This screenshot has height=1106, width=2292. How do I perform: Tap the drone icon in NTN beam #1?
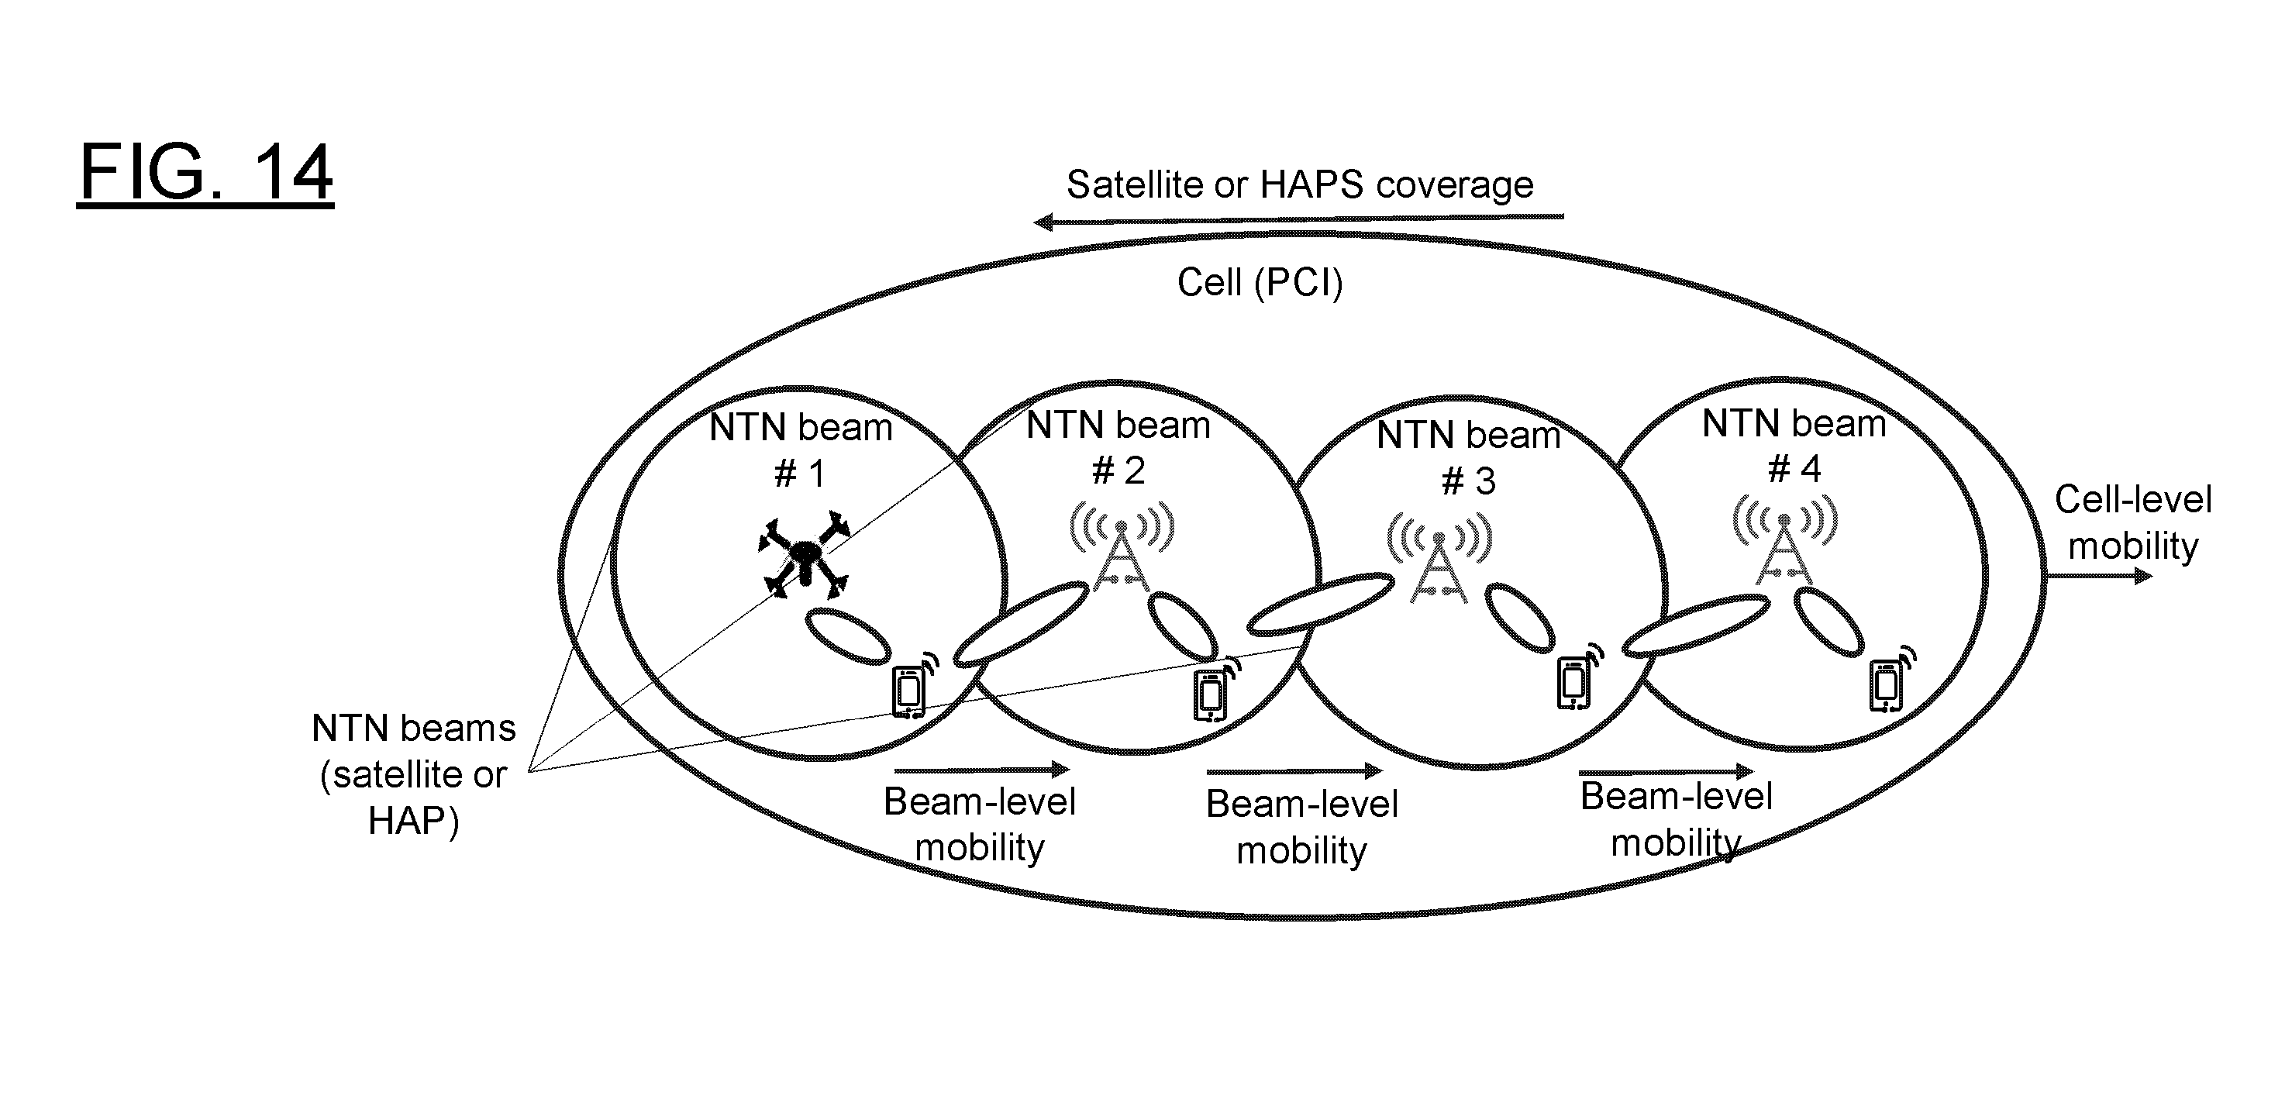pos(805,555)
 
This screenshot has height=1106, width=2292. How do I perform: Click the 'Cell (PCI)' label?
pos(1259,283)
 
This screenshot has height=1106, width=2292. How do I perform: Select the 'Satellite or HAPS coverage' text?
pos(1300,184)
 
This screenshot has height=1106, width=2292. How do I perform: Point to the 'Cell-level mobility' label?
pos(2133,522)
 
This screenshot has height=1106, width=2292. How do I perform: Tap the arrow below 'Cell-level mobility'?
pos(2099,577)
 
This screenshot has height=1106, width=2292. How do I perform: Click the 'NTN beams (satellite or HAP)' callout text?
pos(413,775)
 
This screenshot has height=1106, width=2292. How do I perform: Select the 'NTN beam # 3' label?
pos(1469,457)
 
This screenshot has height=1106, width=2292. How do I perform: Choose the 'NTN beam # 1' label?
pos(801,450)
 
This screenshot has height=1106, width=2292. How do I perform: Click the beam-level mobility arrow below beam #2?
pos(1294,770)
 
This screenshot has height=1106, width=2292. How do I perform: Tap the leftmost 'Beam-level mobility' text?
pos(980,824)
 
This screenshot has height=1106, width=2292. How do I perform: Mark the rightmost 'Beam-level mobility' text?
pos(1677,819)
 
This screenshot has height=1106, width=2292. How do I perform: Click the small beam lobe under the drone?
pos(849,636)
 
